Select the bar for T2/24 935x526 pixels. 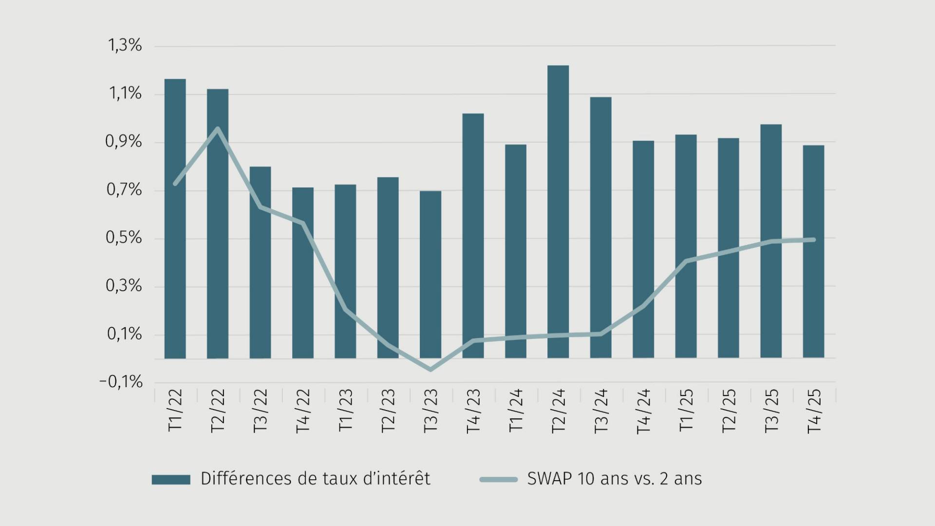pos(558,212)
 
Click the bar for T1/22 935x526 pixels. pos(175,219)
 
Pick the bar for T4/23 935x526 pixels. pos(473,236)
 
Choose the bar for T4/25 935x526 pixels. pos(813,251)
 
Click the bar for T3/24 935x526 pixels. pos(600,227)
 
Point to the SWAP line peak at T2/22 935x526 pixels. pos(217,129)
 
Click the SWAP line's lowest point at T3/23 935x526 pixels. pos(430,370)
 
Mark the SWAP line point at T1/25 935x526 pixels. pos(686,261)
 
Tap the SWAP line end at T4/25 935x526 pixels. pos(813,240)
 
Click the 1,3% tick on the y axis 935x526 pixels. pos(125,46)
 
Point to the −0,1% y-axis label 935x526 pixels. pos(121,382)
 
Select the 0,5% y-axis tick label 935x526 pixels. pos(125,238)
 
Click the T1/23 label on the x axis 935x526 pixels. pos(345,411)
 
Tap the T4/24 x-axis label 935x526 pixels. pos(643,411)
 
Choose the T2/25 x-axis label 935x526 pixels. pos(729,411)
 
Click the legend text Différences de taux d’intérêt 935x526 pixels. pos(316,479)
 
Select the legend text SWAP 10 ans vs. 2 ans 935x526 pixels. pos(615,479)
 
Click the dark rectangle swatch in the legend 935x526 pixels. pos(171,479)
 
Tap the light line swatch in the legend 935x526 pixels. pos(498,479)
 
